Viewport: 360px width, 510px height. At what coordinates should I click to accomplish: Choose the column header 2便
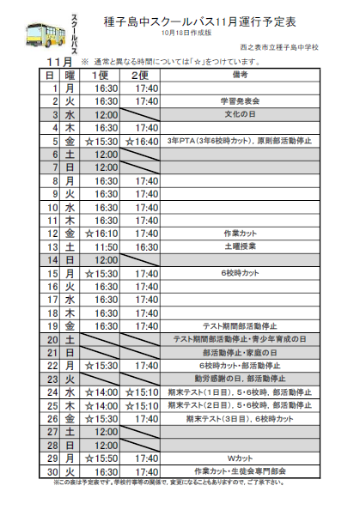tap(147, 76)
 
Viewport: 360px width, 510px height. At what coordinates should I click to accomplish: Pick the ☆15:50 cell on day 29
tap(106, 459)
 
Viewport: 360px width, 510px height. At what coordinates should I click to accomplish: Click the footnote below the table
tap(178, 483)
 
